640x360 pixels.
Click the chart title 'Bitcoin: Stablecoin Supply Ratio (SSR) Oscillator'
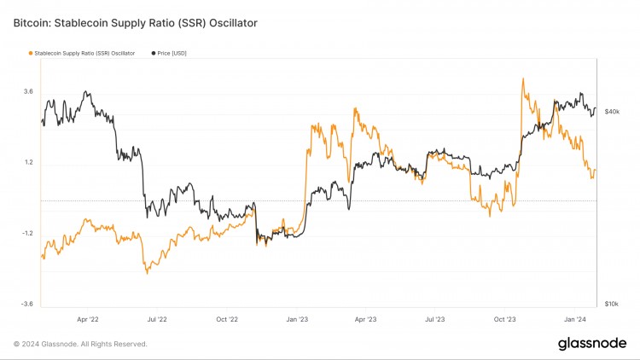tap(135, 22)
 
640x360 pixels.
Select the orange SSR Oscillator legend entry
tap(81, 53)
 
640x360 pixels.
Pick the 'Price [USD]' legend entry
tap(172, 53)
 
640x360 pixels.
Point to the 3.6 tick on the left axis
tap(28, 91)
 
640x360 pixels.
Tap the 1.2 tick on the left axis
tap(28, 162)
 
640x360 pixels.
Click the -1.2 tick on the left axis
tap(26, 233)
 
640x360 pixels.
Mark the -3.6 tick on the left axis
tap(26, 304)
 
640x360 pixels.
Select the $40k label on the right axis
tap(612, 112)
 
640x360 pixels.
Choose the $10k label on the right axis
tap(612, 304)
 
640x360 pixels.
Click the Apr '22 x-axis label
tap(88, 319)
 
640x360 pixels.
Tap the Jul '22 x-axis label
tap(157, 319)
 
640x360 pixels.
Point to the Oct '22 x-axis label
tap(227, 319)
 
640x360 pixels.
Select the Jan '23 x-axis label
tap(297, 319)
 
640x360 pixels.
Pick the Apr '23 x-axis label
tap(365, 319)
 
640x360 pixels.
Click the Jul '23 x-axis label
tap(434, 319)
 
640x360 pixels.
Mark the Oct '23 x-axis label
tap(504, 319)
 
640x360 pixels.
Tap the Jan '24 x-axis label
tap(574, 319)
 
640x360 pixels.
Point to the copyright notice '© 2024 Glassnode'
tap(80, 344)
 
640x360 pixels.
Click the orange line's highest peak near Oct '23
tap(521, 78)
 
